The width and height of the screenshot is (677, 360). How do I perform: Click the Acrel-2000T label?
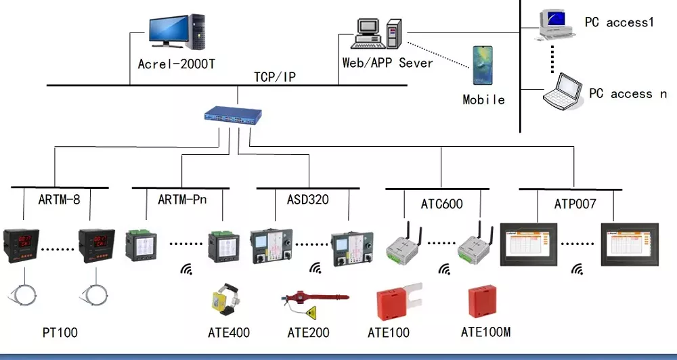pyautogui.click(x=176, y=64)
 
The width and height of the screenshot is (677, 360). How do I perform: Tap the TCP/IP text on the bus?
pyautogui.click(x=275, y=77)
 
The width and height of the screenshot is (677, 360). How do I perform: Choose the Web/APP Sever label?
pyautogui.click(x=387, y=63)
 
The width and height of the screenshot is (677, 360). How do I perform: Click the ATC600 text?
pyautogui.click(x=442, y=203)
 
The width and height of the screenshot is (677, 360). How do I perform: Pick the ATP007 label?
pyautogui.click(x=575, y=203)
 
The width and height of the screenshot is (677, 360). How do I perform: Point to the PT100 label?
pyautogui.click(x=60, y=332)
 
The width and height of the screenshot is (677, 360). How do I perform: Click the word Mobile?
pyautogui.click(x=483, y=99)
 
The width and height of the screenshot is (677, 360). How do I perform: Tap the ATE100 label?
pyautogui.click(x=388, y=332)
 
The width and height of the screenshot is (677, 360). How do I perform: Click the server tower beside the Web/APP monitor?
pyautogui.click(x=394, y=33)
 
